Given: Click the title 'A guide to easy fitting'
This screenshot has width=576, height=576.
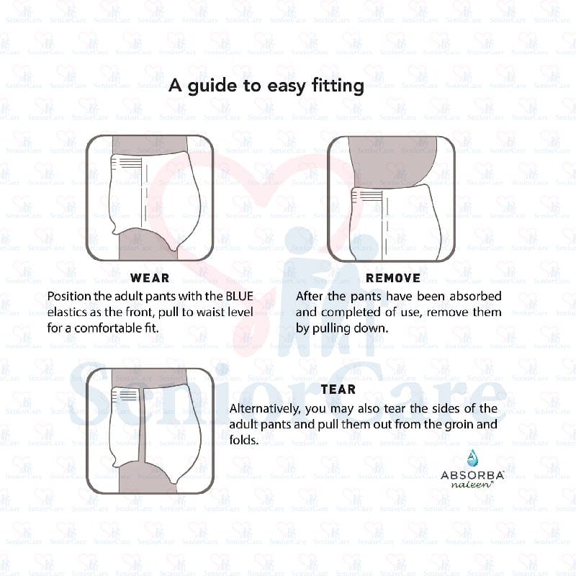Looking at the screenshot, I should click(x=266, y=86).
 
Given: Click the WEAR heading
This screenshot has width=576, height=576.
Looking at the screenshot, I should click(x=150, y=278).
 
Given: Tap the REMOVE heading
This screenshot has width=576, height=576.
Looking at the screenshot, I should click(x=393, y=278).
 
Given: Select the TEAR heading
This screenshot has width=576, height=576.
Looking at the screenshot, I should click(x=338, y=390).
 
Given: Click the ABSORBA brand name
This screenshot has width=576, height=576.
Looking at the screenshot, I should click(x=472, y=476).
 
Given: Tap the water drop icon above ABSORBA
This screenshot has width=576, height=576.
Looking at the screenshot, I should click(x=472, y=457).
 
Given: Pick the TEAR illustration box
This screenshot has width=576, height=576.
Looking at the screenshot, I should click(x=150, y=431).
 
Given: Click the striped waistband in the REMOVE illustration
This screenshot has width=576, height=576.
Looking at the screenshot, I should click(x=369, y=195).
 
